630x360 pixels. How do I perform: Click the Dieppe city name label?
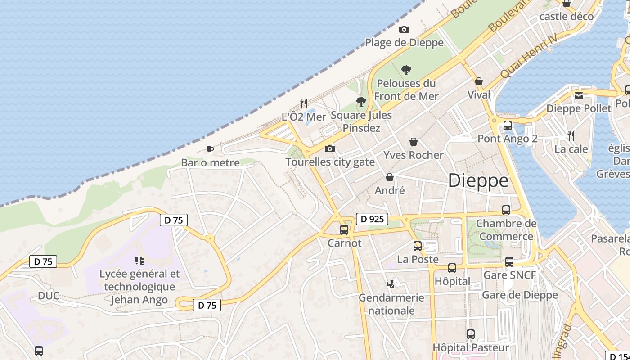(x=478, y=180)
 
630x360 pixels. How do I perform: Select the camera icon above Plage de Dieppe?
(x=404, y=30)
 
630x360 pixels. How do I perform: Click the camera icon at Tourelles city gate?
(x=330, y=149)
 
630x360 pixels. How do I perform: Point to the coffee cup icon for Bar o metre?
(x=210, y=149)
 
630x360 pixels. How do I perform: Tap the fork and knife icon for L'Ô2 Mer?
(x=304, y=103)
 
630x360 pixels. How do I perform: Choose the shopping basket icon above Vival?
(x=479, y=81)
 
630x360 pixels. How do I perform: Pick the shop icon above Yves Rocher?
(x=414, y=142)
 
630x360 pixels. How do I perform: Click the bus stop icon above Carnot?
(x=344, y=230)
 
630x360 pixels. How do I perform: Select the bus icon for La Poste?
(x=418, y=246)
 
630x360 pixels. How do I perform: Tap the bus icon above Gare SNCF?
(x=509, y=261)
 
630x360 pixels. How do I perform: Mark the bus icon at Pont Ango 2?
(x=508, y=125)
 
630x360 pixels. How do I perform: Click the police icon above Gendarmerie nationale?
(x=391, y=284)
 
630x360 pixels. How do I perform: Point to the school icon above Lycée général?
(x=139, y=260)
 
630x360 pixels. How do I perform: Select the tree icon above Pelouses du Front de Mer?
(x=406, y=70)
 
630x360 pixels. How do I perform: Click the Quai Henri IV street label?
(x=529, y=56)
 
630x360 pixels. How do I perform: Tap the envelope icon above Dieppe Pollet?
(x=579, y=95)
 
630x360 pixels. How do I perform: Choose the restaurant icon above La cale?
(x=571, y=135)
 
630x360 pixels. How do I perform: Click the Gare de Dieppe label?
(x=520, y=295)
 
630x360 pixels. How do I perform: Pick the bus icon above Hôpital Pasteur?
(x=471, y=334)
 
